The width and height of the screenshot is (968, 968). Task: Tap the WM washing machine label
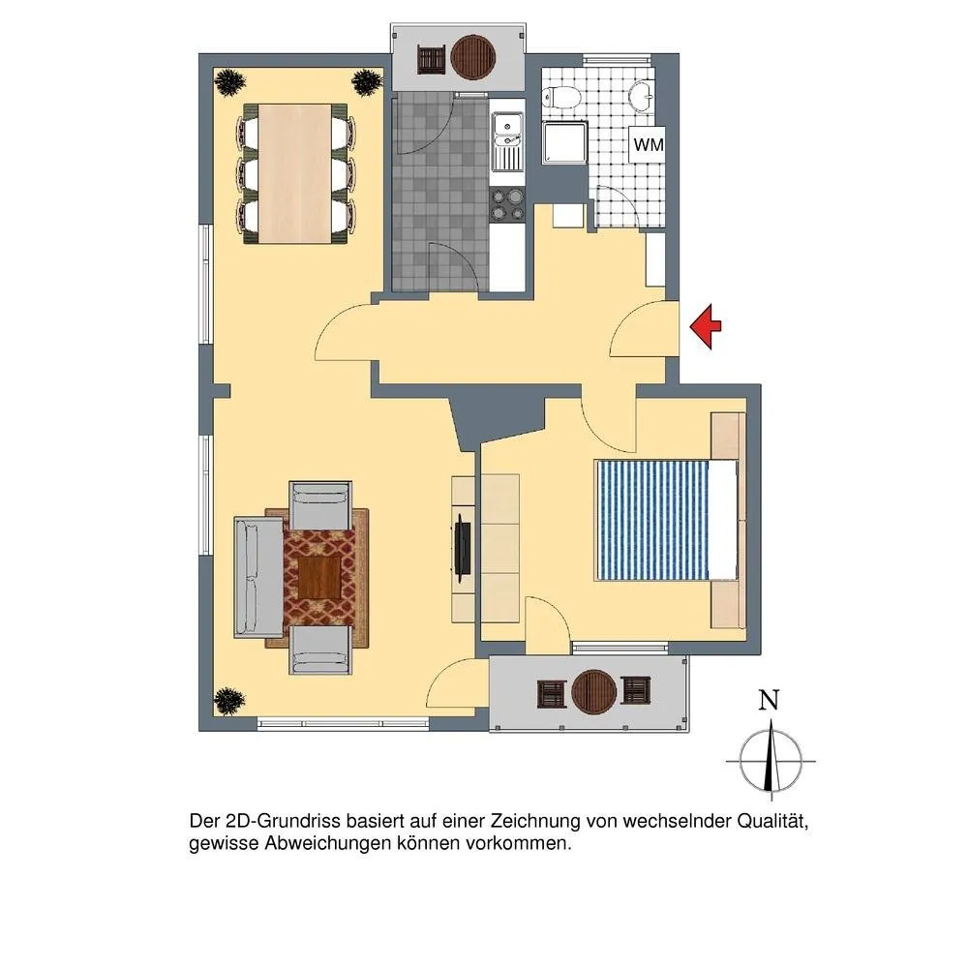pyautogui.click(x=649, y=145)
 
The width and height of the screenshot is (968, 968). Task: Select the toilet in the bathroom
pyautogui.click(x=561, y=97)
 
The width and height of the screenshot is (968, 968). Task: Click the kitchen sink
pyautogui.click(x=507, y=141)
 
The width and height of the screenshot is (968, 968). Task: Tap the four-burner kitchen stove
pyautogui.click(x=507, y=205)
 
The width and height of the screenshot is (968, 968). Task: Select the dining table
pyautogui.click(x=295, y=173)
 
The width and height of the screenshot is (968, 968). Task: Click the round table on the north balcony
pyautogui.click(x=473, y=57)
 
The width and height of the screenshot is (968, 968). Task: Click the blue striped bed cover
pyautogui.click(x=652, y=520)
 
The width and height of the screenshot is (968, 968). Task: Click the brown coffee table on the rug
pyautogui.click(x=319, y=577)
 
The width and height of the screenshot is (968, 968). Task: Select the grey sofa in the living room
pyautogui.click(x=258, y=577)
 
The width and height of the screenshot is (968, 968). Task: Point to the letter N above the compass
pyautogui.click(x=769, y=701)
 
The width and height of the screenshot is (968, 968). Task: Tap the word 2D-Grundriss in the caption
pyautogui.click(x=284, y=822)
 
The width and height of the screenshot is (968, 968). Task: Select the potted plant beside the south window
pyautogui.click(x=228, y=702)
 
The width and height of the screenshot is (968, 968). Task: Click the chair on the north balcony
pyautogui.click(x=432, y=60)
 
